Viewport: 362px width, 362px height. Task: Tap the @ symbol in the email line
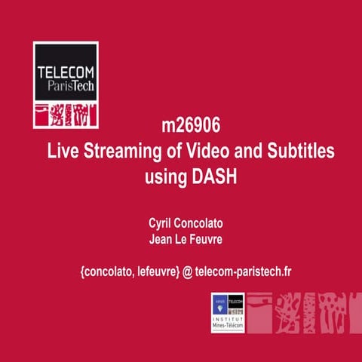pyautogui.click(x=186, y=270)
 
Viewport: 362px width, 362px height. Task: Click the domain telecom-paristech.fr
pyautogui.click(x=242, y=270)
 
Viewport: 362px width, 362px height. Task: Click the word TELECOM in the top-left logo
pyautogui.click(x=66, y=73)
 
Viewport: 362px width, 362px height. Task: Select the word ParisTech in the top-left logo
pyautogui.click(x=66, y=87)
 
